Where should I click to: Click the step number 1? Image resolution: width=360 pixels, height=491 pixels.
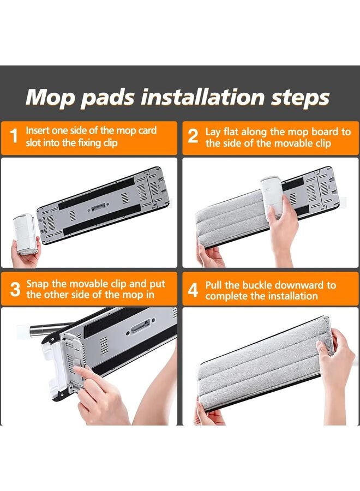click(14, 136)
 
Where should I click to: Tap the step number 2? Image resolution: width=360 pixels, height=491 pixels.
click(193, 136)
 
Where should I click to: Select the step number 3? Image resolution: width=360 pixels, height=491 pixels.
click(15, 289)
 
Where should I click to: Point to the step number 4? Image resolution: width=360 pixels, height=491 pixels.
click(193, 290)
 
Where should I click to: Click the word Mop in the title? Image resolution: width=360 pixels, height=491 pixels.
click(51, 99)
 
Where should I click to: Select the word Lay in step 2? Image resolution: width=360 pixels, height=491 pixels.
click(213, 132)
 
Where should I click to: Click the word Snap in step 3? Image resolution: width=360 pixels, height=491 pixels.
click(38, 284)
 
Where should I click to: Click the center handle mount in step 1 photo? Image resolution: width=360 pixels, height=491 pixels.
click(99, 206)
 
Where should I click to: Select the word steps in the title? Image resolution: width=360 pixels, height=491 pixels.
click(300, 98)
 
